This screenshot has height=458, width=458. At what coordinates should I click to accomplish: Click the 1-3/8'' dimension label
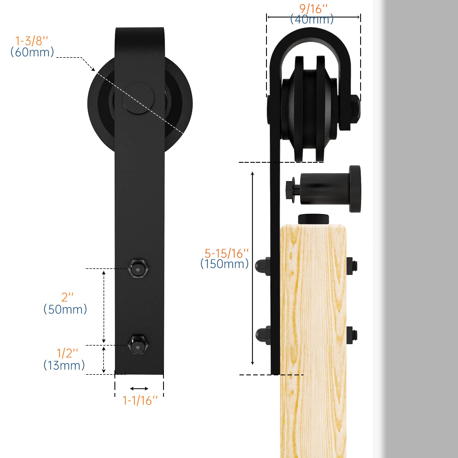(31, 41)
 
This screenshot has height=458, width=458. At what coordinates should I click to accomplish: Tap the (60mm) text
(32, 52)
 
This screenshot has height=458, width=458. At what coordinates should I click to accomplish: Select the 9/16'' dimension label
(313, 9)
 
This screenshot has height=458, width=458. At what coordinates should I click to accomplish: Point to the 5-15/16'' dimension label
(226, 253)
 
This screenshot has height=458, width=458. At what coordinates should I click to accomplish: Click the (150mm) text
(225, 264)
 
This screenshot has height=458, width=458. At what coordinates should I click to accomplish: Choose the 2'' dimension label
(68, 297)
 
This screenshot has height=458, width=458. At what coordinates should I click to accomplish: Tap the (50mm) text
(65, 310)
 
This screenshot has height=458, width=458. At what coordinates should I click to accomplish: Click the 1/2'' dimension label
(67, 353)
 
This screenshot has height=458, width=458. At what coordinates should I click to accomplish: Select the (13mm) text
(64, 366)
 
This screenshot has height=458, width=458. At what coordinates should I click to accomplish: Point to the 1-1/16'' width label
(140, 400)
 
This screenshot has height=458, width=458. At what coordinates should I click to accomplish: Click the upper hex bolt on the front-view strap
(139, 268)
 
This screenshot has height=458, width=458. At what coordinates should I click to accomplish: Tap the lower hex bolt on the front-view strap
(139, 344)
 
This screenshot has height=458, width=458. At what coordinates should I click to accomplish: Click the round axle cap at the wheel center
(138, 98)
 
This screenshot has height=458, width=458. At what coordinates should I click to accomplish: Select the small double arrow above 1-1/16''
(139, 388)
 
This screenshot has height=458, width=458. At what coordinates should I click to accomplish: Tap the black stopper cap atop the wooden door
(313, 219)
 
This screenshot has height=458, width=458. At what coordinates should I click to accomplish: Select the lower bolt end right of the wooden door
(352, 335)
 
